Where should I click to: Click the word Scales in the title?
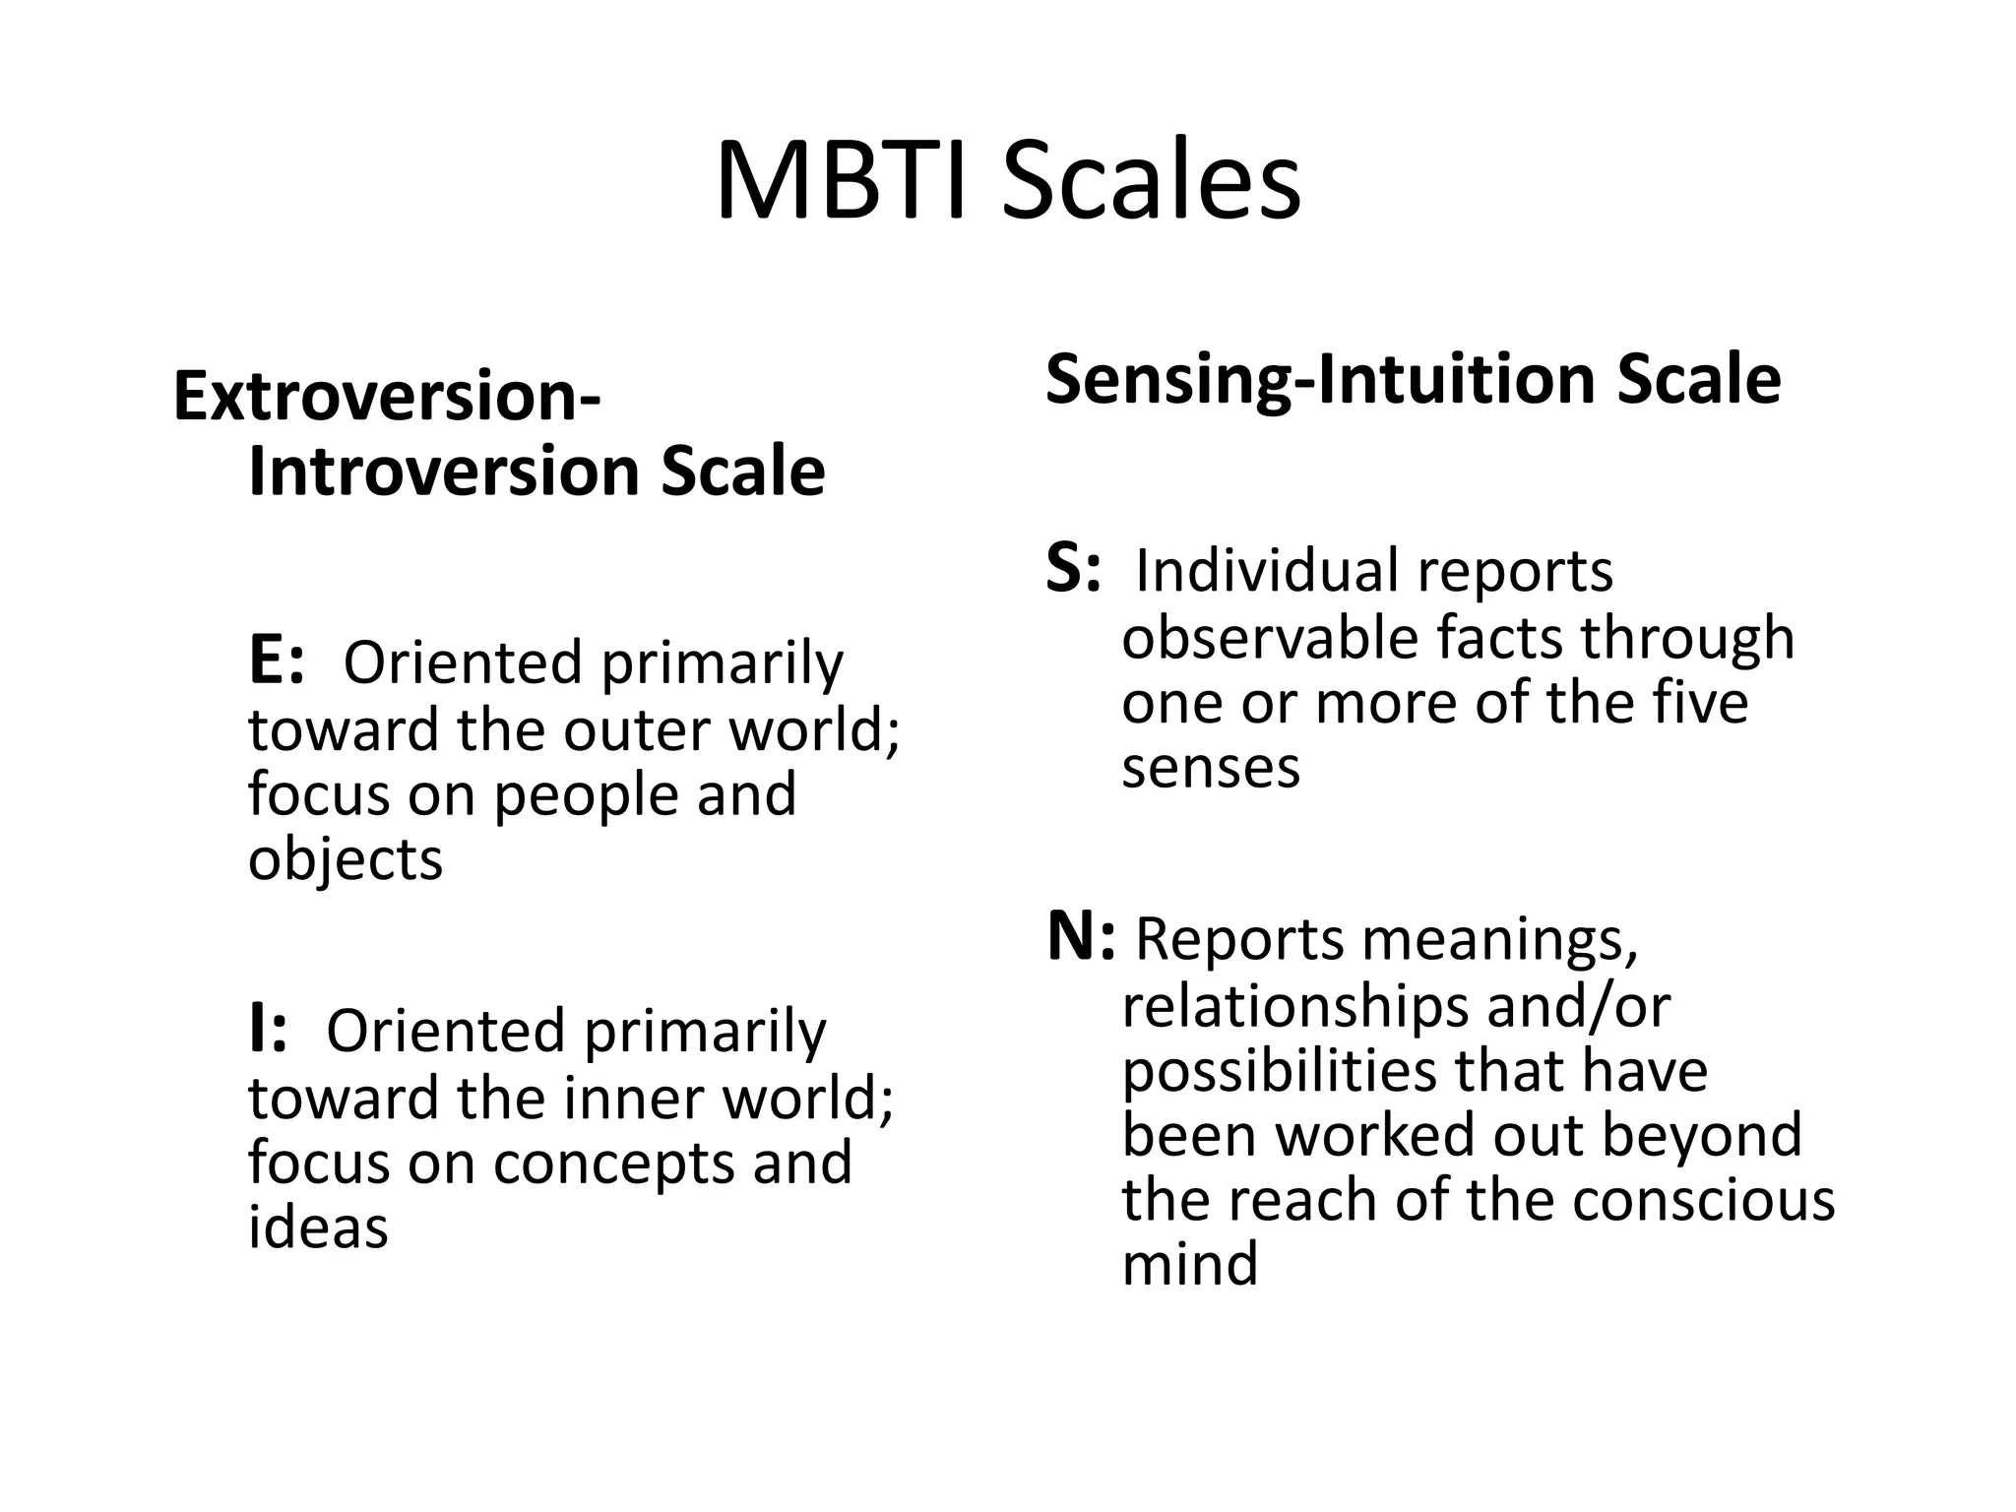coord(1152,183)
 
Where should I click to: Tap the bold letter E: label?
coord(277,661)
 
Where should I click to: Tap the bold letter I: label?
coord(268,1030)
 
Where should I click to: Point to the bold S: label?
coord(1072,569)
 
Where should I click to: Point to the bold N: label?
coord(1080,937)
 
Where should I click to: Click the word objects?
coord(346,858)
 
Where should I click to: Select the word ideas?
coord(318,1227)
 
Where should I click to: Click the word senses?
coord(1210,767)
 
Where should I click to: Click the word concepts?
coord(613,1163)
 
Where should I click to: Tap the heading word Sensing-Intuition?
coord(1320,379)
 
